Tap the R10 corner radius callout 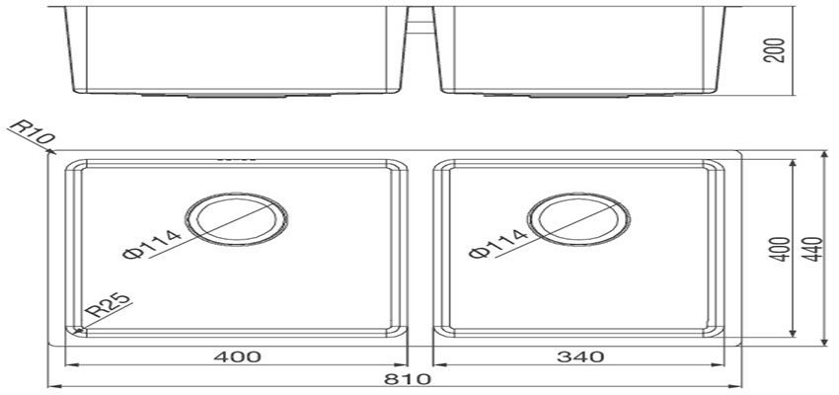click(30, 133)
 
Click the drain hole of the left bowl click(237, 218)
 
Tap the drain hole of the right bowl click(577, 218)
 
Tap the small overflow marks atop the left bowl click(236, 158)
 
